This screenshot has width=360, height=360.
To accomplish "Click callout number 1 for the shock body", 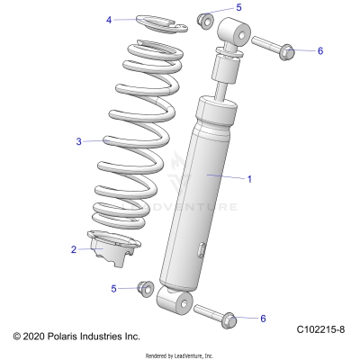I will coord(249,179).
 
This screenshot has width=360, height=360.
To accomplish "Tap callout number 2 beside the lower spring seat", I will coord(74,250).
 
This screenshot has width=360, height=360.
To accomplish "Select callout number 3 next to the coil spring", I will coord(79,141).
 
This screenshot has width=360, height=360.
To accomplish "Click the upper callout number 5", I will coord(238,7).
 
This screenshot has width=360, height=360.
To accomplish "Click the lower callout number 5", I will coord(113,288).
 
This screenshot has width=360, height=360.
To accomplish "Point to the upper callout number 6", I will coord(319,50).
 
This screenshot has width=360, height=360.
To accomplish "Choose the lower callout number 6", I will coord(263,319).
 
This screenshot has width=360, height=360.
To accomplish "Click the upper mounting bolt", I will coord(274,47).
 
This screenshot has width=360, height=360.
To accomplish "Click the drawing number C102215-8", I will coord(321,332).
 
